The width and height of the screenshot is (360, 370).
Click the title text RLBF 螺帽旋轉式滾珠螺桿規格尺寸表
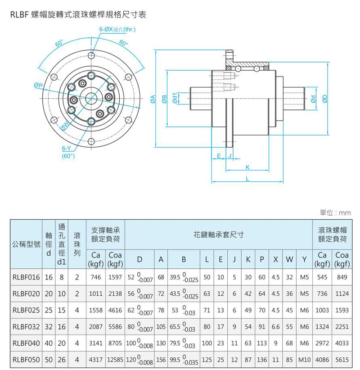click(x=78, y=15)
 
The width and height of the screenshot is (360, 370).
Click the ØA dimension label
click(x=153, y=99)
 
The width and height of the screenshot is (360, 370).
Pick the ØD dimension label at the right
click(x=325, y=99)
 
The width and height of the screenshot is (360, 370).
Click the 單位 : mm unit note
click(x=335, y=212)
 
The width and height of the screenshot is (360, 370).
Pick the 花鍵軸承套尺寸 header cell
click(x=218, y=234)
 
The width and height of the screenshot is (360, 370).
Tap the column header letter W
click(x=289, y=259)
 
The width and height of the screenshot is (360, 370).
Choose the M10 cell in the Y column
click(x=304, y=360)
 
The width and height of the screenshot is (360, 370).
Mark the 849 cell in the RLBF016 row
click(x=342, y=278)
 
